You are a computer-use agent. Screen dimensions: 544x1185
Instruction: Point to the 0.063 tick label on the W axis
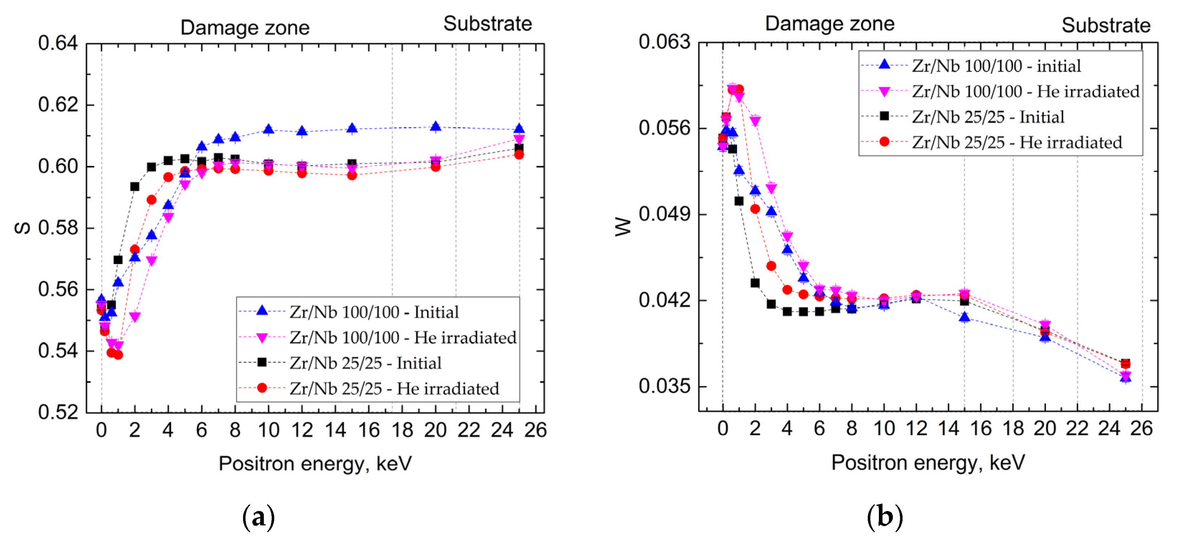664,42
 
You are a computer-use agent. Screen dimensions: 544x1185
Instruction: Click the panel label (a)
258,517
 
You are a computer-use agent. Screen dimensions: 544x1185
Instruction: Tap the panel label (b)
884,516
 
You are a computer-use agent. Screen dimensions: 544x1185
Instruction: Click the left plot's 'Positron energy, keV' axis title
315,463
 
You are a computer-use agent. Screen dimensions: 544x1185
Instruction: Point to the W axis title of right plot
623,227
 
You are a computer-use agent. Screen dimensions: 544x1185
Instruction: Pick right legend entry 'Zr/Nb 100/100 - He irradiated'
1025,91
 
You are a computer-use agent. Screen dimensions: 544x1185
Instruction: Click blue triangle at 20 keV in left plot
436,127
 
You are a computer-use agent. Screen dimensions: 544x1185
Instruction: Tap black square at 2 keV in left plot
135,187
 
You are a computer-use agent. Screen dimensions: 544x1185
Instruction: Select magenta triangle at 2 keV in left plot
135,317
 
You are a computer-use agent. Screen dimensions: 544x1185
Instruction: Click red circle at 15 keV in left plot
352,175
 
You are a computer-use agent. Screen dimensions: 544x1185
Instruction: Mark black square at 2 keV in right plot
755,283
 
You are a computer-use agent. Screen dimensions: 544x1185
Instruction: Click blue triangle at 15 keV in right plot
965,317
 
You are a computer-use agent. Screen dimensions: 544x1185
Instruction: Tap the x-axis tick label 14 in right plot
948,429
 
